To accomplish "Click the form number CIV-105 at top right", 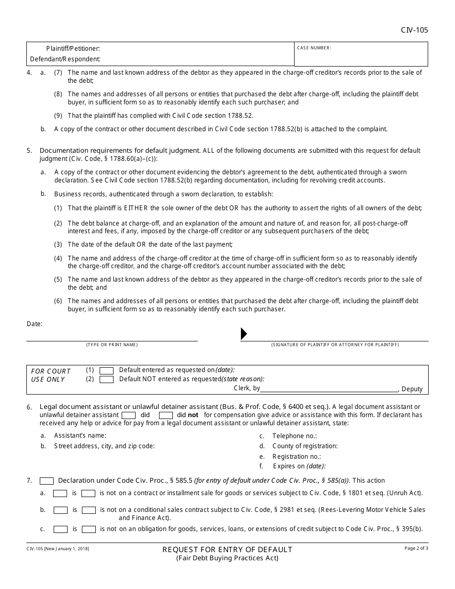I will click(x=414, y=30).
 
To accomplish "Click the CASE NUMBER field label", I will click(x=314, y=48).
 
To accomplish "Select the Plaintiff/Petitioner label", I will click(x=73, y=48).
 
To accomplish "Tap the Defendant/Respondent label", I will click(x=65, y=59).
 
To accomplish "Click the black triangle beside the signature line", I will click(x=244, y=334).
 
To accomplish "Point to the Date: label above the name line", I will click(x=34, y=324).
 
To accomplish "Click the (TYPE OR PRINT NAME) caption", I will click(x=112, y=345).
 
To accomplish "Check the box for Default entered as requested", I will click(x=106, y=370).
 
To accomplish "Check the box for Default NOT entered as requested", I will click(x=106, y=379).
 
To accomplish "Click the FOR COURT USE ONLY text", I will click(x=50, y=375).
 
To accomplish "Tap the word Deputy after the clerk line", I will click(x=412, y=389).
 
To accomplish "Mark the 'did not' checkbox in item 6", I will click(x=166, y=415).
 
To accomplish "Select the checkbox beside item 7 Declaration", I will click(x=46, y=481).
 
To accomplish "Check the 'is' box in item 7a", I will click(x=60, y=493).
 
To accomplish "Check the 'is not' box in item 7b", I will click(x=89, y=510).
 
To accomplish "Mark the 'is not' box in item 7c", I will click(x=89, y=529).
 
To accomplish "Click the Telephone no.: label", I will click(x=295, y=436).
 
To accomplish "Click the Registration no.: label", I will click(x=296, y=456).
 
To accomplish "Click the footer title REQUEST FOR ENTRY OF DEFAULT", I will click(x=227, y=549).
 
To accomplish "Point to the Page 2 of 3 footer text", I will click(x=416, y=548).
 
